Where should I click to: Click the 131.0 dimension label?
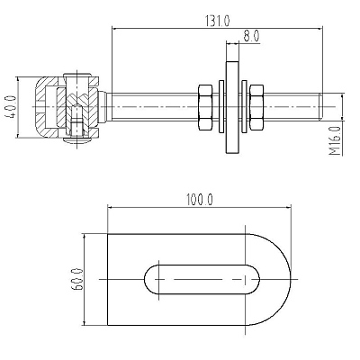pos(217,21)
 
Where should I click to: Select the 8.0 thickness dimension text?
pos(251,36)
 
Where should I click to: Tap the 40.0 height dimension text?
pos(12,107)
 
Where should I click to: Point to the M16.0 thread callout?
pos(335,140)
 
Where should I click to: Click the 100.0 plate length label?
pos(199,200)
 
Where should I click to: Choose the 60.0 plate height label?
pos(77,279)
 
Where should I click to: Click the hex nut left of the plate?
pos(205,107)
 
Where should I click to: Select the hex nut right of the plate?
pos(256,107)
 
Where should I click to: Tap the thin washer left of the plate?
pos(221,106)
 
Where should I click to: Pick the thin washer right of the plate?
pos(244,106)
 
